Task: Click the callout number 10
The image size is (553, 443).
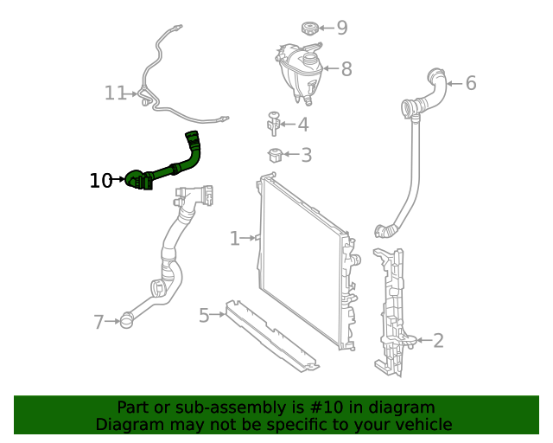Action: click(x=100, y=180)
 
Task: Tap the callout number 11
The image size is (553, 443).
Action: click(x=115, y=93)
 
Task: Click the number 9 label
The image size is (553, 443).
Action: click(x=342, y=28)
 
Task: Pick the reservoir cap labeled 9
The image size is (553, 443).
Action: click(x=311, y=29)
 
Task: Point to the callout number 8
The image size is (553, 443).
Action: click(x=346, y=69)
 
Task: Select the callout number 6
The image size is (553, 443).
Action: click(x=471, y=83)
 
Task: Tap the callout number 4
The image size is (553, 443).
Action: click(x=302, y=125)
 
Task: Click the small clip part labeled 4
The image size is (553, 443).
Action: click(x=274, y=124)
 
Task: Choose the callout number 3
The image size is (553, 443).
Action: click(x=306, y=156)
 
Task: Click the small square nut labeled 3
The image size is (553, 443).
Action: click(x=275, y=156)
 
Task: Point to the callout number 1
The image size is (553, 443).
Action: click(x=234, y=238)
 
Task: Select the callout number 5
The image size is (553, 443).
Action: click(x=204, y=315)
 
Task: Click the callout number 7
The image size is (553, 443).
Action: click(x=99, y=323)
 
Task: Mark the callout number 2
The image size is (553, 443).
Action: click(x=438, y=340)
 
